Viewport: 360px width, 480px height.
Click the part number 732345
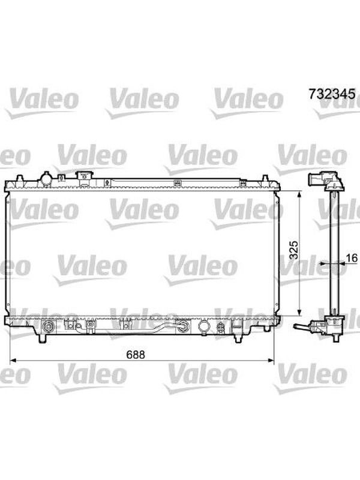coord(332,94)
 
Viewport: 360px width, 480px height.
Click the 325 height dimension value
coord(293,250)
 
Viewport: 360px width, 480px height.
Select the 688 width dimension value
coord(136,355)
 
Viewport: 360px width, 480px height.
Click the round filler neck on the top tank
coord(46,179)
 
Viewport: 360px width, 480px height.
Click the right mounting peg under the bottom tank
coord(238,337)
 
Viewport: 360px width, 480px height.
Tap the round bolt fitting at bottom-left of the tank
coord(48,326)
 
